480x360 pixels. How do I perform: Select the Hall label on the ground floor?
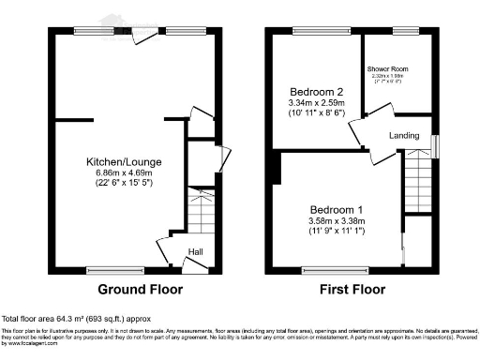(x=196, y=251)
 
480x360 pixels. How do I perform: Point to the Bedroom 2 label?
(x=312, y=92)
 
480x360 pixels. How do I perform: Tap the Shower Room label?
(x=397, y=69)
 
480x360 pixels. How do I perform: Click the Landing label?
(x=404, y=137)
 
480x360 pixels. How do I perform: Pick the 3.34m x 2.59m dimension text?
(x=313, y=103)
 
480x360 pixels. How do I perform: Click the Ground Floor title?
(x=133, y=290)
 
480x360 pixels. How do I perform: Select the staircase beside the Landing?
(x=416, y=184)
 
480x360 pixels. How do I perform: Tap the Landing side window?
(x=432, y=145)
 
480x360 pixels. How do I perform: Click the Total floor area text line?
(x=76, y=319)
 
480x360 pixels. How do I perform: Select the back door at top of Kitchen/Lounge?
(x=143, y=36)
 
